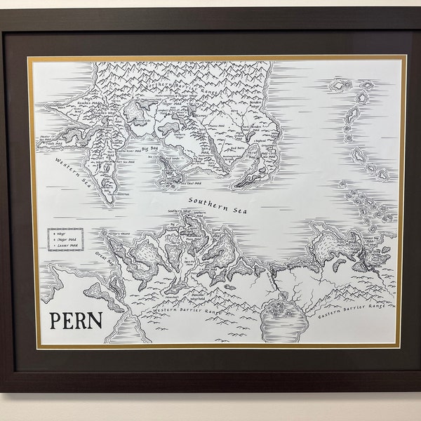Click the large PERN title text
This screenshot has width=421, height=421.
76,321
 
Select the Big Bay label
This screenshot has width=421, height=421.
149,149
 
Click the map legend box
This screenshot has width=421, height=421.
66,239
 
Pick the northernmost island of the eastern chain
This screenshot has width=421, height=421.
341,86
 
